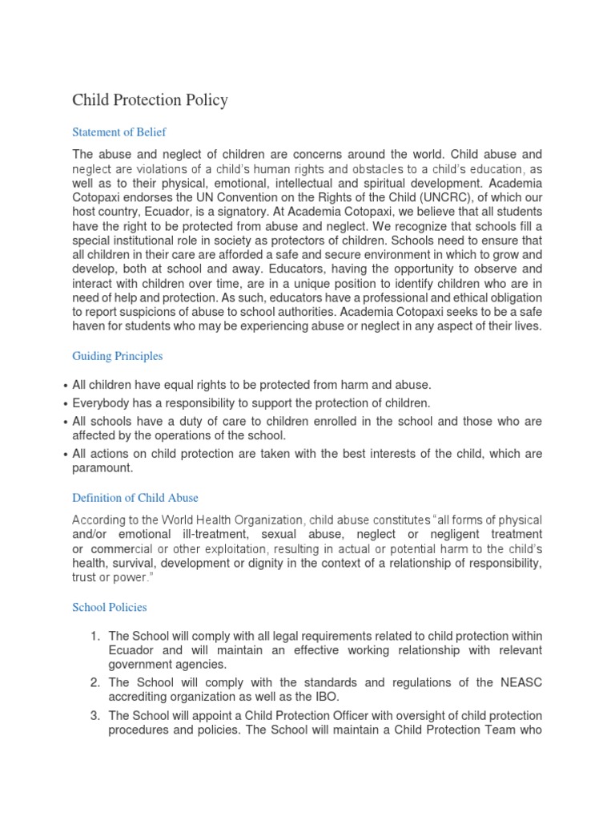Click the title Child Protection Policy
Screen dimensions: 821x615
(x=150, y=100)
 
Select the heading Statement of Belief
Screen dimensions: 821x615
(x=119, y=131)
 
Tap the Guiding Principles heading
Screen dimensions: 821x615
(x=117, y=356)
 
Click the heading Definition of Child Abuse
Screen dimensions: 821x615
(x=135, y=498)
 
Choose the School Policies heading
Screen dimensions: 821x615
(x=110, y=607)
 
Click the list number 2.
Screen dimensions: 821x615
(x=94, y=682)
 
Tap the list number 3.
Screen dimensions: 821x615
(x=94, y=715)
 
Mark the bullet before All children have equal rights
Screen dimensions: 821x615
(x=64, y=386)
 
